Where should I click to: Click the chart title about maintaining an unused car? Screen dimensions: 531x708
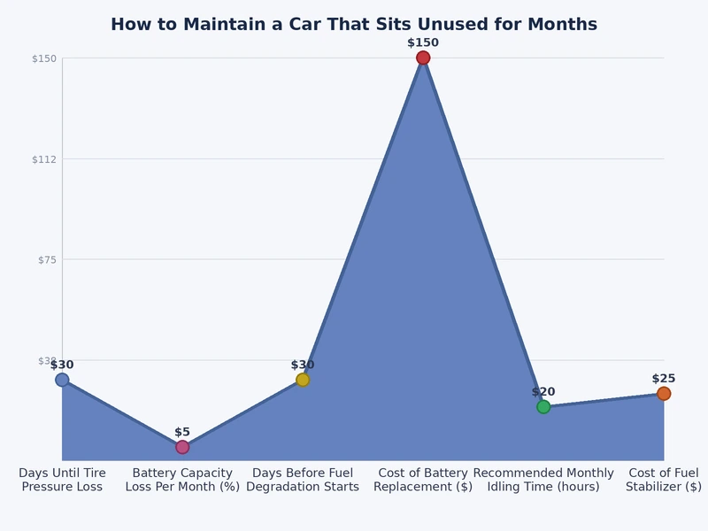click(354, 25)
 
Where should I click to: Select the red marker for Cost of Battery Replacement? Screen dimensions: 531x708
click(423, 58)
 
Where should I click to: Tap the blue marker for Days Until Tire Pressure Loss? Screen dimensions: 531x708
click(62, 380)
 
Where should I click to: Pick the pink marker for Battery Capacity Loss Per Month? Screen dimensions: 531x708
click(182, 447)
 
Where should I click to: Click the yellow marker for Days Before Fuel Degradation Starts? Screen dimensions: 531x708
click(303, 380)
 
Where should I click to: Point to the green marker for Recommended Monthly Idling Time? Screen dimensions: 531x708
click(543, 407)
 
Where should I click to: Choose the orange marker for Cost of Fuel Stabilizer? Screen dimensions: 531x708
click(664, 394)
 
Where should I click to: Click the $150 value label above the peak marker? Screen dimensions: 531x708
click(423, 42)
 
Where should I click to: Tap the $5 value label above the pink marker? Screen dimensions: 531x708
click(182, 432)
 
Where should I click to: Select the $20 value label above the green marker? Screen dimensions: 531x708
click(543, 392)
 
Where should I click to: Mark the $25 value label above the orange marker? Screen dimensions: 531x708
click(664, 379)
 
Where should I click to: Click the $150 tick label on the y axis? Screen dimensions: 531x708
click(44, 59)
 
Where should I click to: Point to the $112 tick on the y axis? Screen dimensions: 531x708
click(44, 159)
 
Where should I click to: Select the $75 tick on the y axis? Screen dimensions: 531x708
click(46, 260)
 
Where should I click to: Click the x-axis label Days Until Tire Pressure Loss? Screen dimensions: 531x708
click(62, 480)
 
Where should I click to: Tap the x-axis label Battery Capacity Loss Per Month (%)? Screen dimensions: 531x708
click(182, 480)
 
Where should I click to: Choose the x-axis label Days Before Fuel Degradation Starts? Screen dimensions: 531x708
click(303, 480)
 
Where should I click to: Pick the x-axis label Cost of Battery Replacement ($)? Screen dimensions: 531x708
click(423, 480)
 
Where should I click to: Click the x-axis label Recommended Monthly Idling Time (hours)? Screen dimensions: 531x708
click(543, 480)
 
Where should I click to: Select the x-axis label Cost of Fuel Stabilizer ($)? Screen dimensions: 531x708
click(664, 480)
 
